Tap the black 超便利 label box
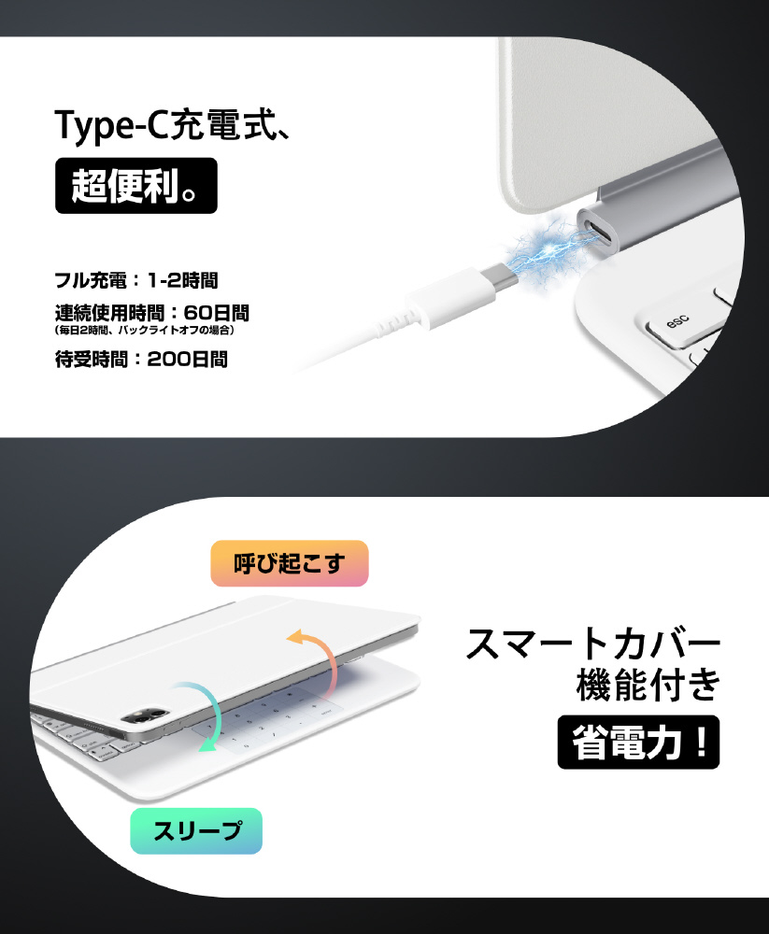pyautogui.click(x=135, y=185)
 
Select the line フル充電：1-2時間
pyautogui.click(x=136, y=279)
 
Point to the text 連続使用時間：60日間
pyautogui.click(x=152, y=312)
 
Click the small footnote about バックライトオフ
pyautogui.click(x=144, y=330)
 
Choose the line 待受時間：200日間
pyautogui.click(x=141, y=360)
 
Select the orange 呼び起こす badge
pyautogui.click(x=290, y=563)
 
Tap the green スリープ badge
pyautogui.click(x=196, y=831)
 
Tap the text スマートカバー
pyautogui.click(x=593, y=644)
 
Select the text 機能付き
pyautogui.click(x=648, y=685)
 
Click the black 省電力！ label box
pyautogui.click(x=638, y=743)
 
